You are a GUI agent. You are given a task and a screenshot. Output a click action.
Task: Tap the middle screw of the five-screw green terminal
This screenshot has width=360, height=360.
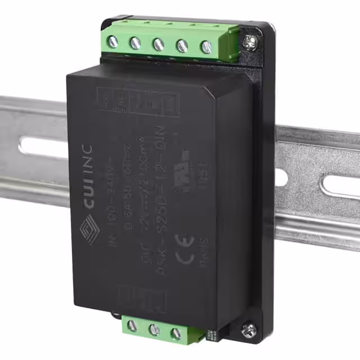click(x=159, y=44)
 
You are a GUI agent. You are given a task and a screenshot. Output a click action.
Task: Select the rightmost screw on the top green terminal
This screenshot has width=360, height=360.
click(x=206, y=47)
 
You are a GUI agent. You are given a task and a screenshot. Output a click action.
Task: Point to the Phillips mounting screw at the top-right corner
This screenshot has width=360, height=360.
click(x=250, y=39)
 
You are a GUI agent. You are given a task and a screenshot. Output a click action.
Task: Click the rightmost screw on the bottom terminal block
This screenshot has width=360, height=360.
click(x=176, y=334)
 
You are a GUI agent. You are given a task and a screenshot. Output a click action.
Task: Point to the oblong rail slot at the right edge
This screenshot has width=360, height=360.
click(x=340, y=185)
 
